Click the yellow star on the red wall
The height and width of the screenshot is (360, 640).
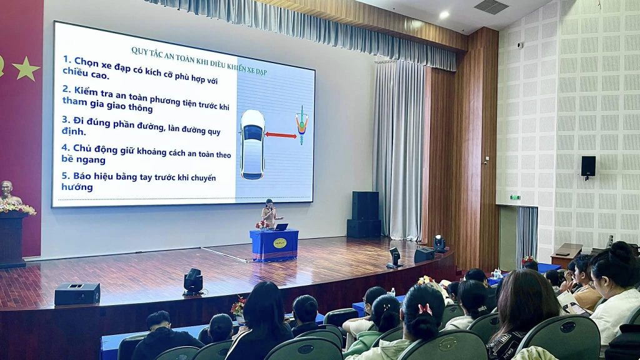pyautogui.click(x=26, y=68)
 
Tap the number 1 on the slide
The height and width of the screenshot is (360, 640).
pyautogui.click(x=66, y=59)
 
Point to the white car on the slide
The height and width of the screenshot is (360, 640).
pyautogui.click(x=252, y=144)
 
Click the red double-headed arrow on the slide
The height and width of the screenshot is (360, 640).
pyautogui.click(x=281, y=135)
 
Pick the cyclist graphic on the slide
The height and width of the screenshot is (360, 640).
pyautogui.click(x=302, y=124)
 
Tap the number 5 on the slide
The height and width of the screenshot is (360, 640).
pyautogui.click(x=65, y=176)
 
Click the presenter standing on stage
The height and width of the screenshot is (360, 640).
pyautogui.click(x=270, y=214)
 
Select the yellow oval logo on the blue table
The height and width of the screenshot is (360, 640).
pyautogui.click(x=280, y=243)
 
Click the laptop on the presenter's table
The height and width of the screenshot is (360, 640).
pyautogui.click(x=281, y=227)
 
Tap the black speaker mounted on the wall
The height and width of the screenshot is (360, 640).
pyautogui.click(x=588, y=166)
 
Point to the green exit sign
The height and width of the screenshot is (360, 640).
pyautogui.click(x=515, y=197)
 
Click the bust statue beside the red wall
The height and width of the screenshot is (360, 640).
pyautogui.click(x=9, y=192)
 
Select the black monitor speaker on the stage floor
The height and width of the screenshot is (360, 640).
pyautogui.click(x=77, y=294)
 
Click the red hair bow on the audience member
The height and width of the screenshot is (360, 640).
pyautogui.click(x=425, y=309)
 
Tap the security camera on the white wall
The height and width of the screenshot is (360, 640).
pyautogui.click(x=519, y=45)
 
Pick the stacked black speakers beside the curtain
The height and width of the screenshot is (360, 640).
pyautogui.click(x=364, y=215)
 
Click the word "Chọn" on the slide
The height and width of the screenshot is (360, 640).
pyautogui.click(x=86, y=62)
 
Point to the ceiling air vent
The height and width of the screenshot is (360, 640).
pyautogui.click(x=491, y=6)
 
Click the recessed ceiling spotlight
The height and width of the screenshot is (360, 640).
pyautogui.click(x=444, y=15)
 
